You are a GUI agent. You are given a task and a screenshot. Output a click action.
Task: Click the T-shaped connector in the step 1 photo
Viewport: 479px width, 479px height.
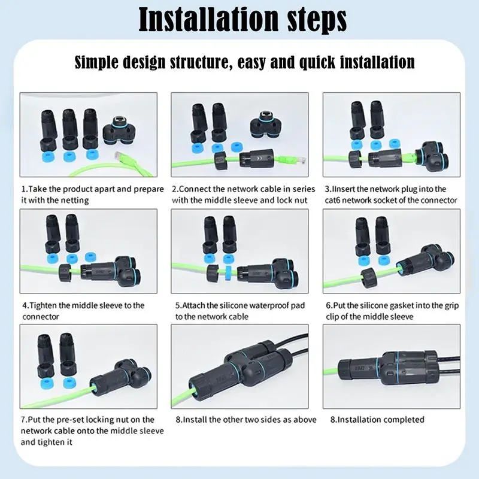(122, 128)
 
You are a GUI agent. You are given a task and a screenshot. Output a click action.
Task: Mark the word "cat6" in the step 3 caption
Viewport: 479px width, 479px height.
(337, 200)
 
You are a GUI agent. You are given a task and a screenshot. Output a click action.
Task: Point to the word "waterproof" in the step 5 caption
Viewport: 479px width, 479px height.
(267, 305)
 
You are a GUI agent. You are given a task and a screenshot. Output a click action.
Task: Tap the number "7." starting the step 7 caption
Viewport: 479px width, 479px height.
(25, 420)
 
